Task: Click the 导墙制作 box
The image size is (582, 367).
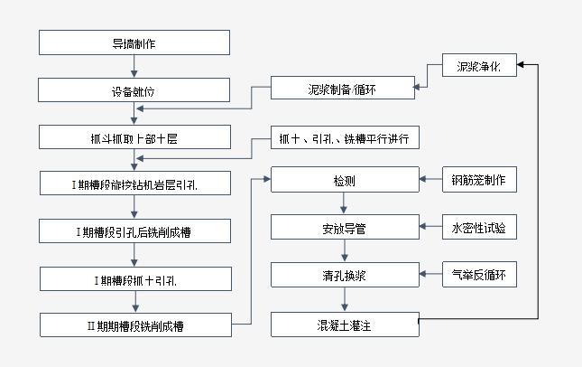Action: (134, 42)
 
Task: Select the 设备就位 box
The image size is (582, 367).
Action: (134, 90)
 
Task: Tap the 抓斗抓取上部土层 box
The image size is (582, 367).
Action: (134, 137)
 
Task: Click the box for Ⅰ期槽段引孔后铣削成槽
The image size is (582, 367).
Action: (134, 231)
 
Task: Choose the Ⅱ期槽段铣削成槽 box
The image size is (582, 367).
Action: (134, 324)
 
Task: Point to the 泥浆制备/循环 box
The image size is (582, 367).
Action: (344, 89)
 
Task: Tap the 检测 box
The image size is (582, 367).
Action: (344, 181)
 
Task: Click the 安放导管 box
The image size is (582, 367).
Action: (344, 228)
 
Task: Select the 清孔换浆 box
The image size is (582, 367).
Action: (344, 275)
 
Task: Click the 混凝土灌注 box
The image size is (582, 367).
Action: (344, 323)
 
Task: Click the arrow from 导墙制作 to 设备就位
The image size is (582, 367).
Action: (134, 66)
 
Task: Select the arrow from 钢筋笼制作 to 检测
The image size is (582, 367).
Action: (430, 181)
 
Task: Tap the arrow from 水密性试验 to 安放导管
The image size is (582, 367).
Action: (430, 228)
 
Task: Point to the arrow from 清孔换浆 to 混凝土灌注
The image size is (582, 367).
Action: (344, 298)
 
